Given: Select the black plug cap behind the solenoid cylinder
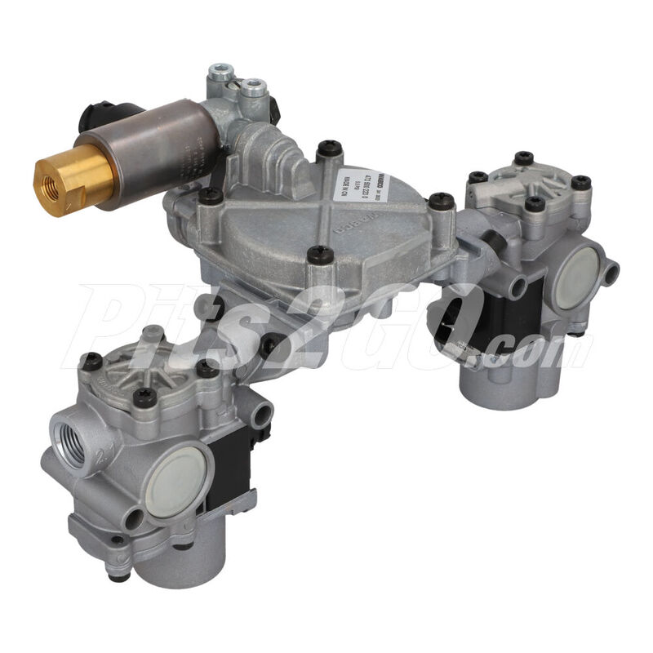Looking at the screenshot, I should [x=91, y=118].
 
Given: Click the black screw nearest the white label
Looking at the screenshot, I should [x=326, y=149].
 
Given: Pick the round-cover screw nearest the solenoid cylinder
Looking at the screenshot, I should [x=210, y=195].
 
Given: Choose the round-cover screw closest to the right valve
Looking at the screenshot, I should [x=442, y=200].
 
